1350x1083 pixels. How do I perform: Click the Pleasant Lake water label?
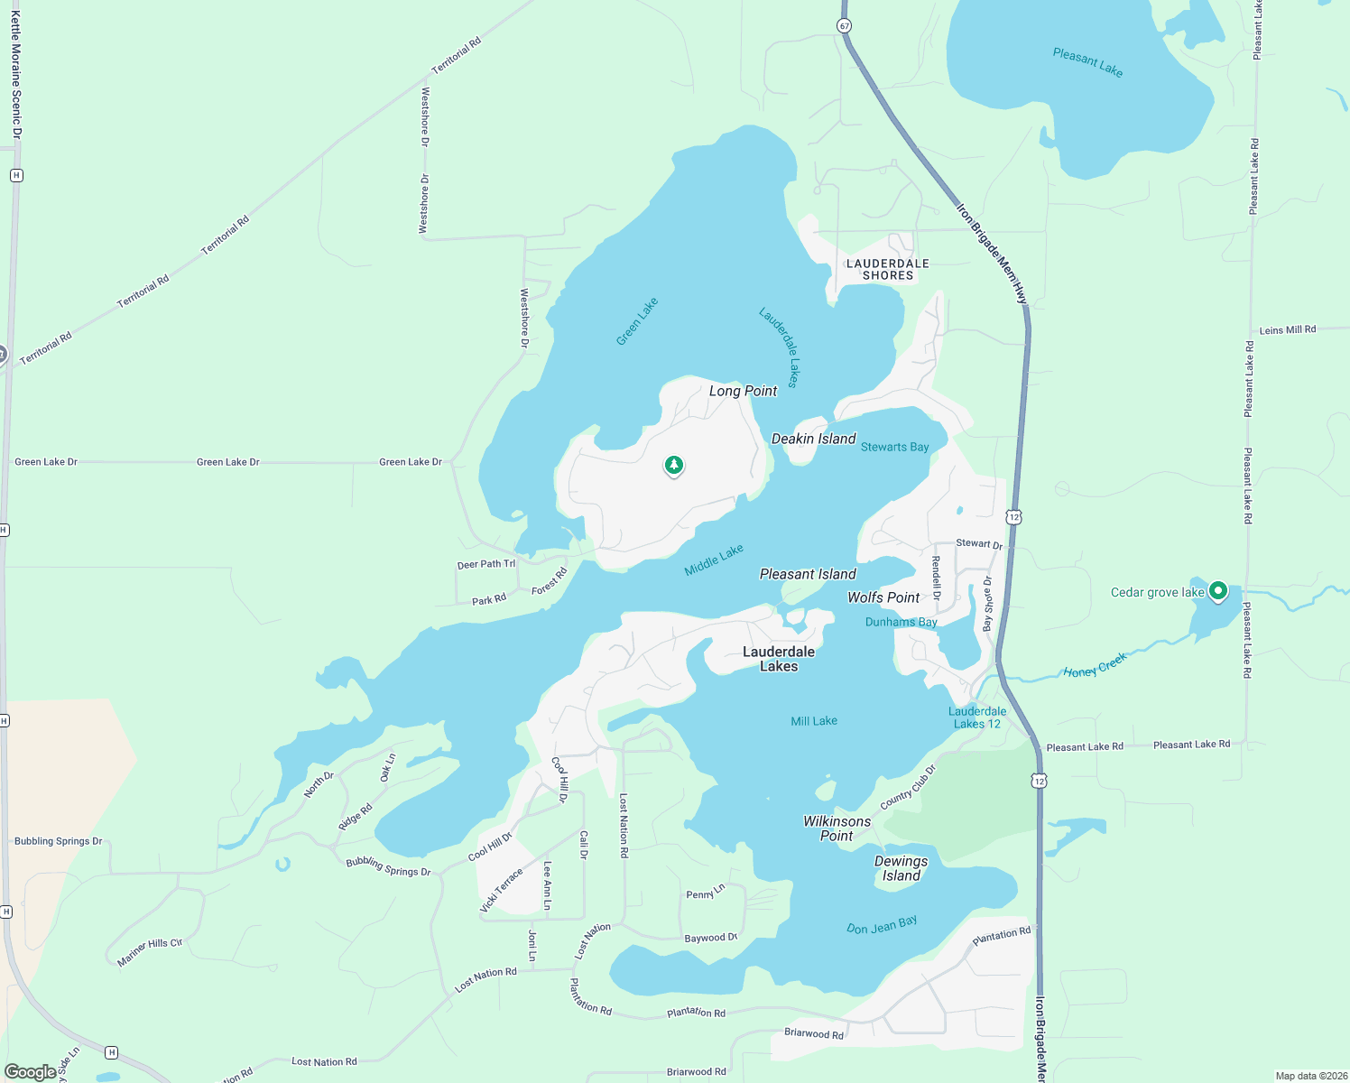pyautogui.click(x=1087, y=62)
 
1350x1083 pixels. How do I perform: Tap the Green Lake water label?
pyautogui.click(x=637, y=321)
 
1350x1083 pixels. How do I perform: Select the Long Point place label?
pyautogui.click(x=743, y=391)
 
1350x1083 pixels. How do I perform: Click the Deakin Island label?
pyautogui.click(x=813, y=439)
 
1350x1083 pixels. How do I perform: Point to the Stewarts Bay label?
pyautogui.click(x=894, y=447)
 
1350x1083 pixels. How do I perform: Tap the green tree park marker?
pyautogui.click(x=673, y=466)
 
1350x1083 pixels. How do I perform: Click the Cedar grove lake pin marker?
pyautogui.click(x=1218, y=591)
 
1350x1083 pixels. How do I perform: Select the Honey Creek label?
pyautogui.click(x=1095, y=666)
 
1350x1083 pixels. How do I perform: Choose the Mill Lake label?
pyautogui.click(x=814, y=721)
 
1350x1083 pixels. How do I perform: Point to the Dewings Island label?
pyautogui.click(x=901, y=868)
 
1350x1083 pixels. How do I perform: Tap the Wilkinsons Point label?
pyautogui.click(x=837, y=828)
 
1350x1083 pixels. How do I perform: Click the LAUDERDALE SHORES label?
pyautogui.click(x=887, y=270)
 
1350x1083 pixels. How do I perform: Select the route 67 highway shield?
pyautogui.click(x=844, y=26)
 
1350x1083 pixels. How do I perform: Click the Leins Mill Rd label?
pyautogui.click(x=1287, y=330)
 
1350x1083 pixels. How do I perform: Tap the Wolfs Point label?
pyautogui.click(x=883, y=597)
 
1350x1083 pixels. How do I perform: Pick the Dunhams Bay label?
pyautogui.click(x=901, y=622)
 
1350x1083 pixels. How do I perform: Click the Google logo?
pyautogui.click(x=30, y=1072)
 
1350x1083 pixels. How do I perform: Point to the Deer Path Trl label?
pyautogui.click(x=485, y=565)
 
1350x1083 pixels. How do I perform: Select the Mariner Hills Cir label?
pyautogui.click(x=150, y=952)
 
